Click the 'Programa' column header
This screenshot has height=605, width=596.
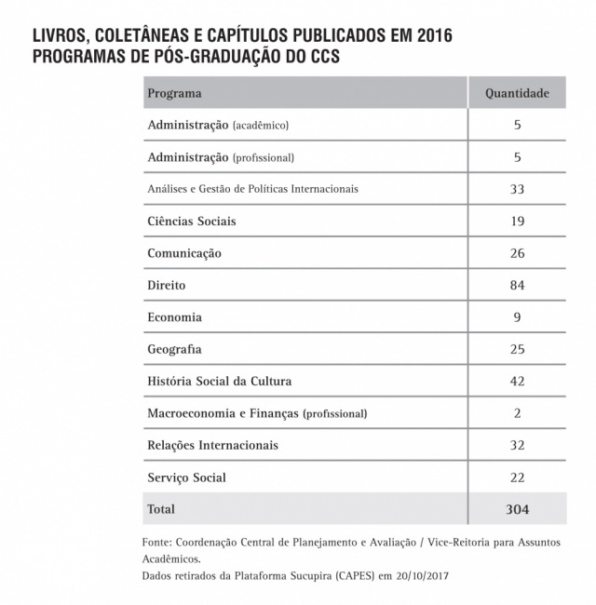click(x=174, y=93)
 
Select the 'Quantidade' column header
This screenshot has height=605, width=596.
click(x=517, y=93)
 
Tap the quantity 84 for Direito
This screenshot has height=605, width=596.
click(x=517, y=285)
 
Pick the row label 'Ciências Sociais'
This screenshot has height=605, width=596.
click(x=192, y=222)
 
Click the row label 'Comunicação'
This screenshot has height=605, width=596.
click(x=184, y=253)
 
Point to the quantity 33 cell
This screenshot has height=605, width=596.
click(x=517, y=189)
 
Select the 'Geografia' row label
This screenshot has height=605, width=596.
click(x=174, y=349)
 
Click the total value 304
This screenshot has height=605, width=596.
click(x=517, y=509)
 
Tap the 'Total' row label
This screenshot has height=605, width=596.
click(x=161, y=509)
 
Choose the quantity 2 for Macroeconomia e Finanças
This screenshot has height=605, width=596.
click(x=517, y=413)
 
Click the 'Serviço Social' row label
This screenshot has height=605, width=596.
click(x=186, y=477)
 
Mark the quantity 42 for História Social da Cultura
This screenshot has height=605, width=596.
click(x=517, y=382)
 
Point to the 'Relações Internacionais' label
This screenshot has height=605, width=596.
click(x=212, y=445)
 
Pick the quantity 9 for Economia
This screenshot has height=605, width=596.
click(x=517, y=317)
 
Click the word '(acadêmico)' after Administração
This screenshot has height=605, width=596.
click(x=261, y=126)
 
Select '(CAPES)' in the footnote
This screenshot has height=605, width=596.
click(x=344, y=575)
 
